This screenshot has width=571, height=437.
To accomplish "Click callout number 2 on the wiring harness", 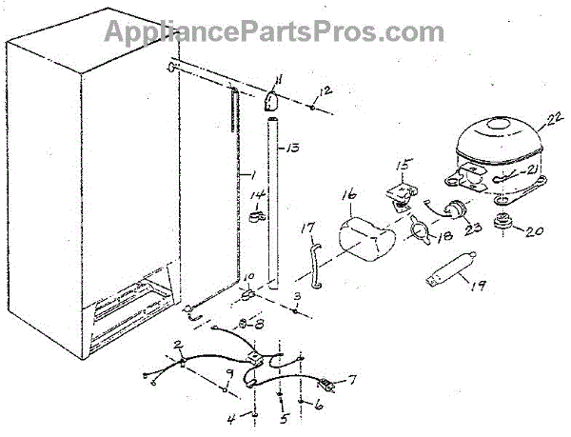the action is pos(177,343).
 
